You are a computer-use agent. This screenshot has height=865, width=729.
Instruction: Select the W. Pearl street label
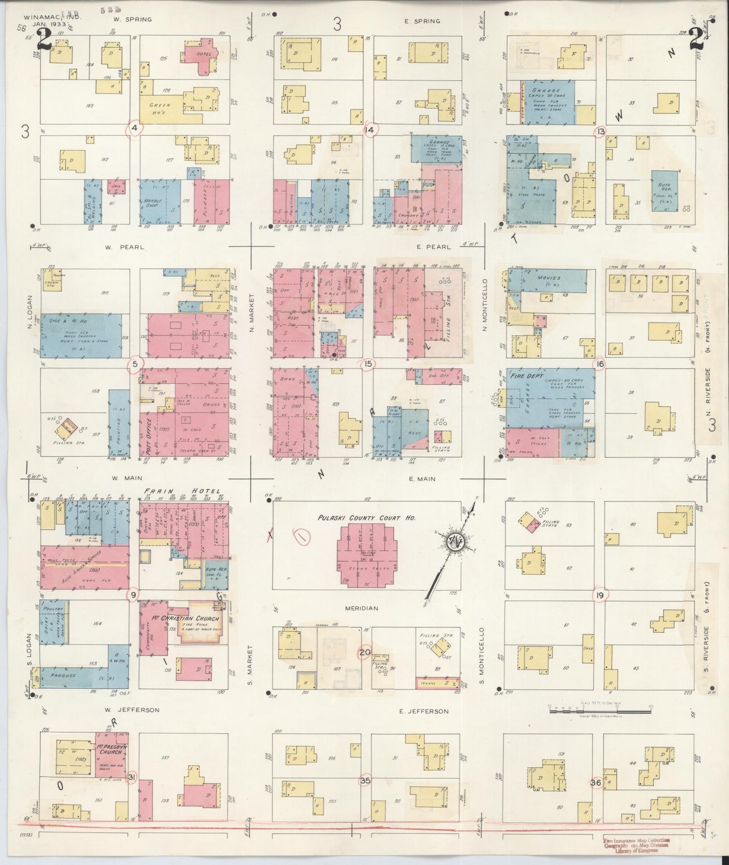click(125, 248)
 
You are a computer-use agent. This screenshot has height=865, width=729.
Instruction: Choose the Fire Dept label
click(522, 376)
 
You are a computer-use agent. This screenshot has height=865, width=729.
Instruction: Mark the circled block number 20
click(364, 653)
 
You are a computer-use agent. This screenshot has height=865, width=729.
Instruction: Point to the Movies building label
click(549, 278)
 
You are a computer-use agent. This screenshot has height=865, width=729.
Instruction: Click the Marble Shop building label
click(152, 203)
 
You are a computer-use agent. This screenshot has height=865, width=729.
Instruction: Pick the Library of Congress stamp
click(636, 845)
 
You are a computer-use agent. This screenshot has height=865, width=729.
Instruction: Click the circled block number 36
click(596, 783)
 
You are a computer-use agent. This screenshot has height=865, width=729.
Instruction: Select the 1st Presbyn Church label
click(110, 748)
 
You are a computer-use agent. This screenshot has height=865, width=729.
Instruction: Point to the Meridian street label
click(361, 608)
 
